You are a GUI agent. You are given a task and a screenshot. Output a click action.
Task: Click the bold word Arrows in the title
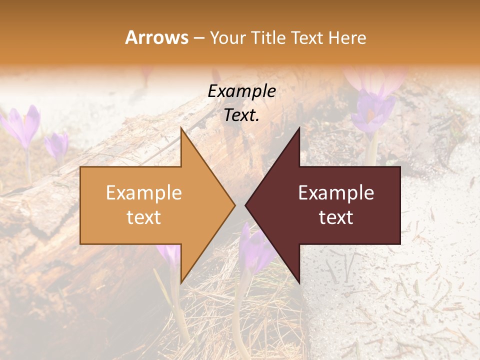[x=156, y=37]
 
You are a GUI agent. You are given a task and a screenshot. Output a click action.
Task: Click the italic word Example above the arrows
[x=242, y=91]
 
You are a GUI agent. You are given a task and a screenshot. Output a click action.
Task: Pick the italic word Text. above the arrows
[x=242, y=115]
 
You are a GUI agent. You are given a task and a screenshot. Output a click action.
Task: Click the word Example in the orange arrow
[x=144, y=193]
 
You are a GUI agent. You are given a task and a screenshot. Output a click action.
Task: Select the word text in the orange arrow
[x=144, y=217]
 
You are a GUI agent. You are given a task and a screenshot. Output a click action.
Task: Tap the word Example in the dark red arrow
[x=336, y=193]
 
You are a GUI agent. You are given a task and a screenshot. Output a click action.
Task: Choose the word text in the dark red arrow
[x=336, y=217]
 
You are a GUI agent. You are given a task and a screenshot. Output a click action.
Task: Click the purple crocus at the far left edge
[x=23, y=125]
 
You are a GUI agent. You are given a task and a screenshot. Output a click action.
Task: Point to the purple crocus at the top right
[x=372, y=112]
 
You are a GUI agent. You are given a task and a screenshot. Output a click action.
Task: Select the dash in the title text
[x=198, y=38]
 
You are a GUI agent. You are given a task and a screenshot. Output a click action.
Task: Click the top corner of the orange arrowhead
[x=181, y=128]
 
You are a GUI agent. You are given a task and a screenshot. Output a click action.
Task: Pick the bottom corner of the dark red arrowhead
[x=299, y=282]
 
